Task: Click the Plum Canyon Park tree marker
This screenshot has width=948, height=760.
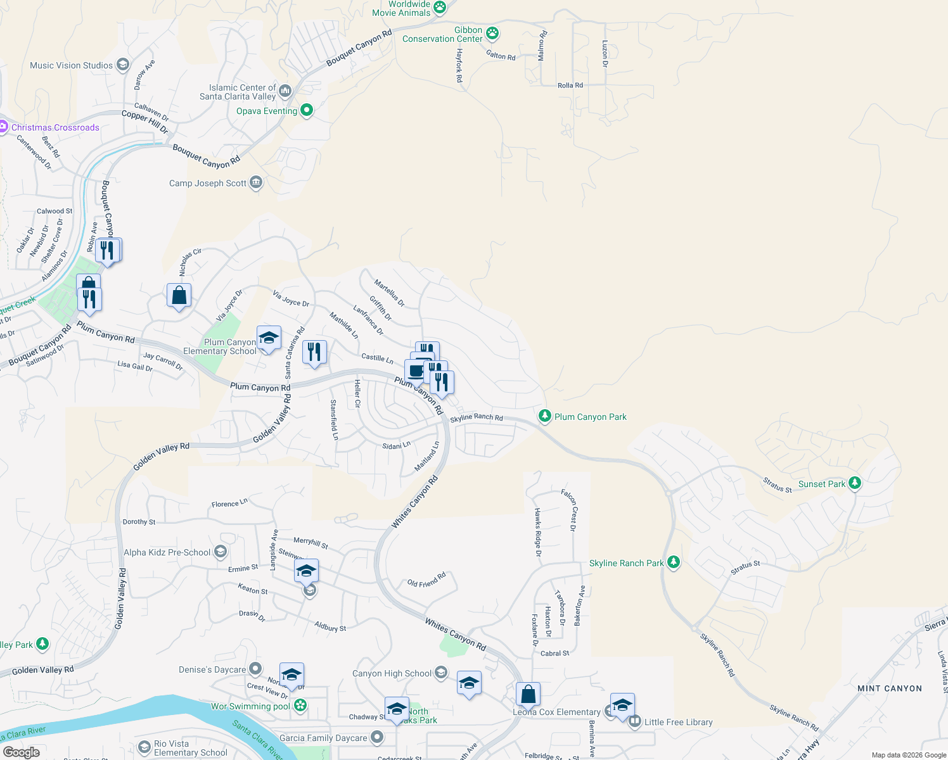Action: pos(544,416)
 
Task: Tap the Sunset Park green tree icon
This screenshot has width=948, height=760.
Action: pos(855,483)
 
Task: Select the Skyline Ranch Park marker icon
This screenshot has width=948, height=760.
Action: pos(674,562)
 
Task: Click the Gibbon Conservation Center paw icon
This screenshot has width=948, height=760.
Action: pos(492,33)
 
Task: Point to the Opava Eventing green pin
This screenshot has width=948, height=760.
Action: pos(307,110)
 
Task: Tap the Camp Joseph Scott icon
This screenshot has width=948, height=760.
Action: pos(256,183)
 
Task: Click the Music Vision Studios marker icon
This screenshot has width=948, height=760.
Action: pos(123,65)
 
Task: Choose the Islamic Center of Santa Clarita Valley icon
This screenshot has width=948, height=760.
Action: pos(285,91)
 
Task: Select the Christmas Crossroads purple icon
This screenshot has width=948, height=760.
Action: pos(3,127)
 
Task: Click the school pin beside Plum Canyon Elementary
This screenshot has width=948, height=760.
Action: pos(269,338)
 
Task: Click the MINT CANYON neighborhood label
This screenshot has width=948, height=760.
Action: pos(889,688)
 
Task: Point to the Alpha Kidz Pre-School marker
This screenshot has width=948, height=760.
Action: pos(221,552)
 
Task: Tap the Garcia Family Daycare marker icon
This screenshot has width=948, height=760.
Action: pos(378,737)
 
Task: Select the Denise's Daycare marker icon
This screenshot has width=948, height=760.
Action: pos(255,669)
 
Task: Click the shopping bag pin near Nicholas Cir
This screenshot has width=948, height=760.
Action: pos(179,295)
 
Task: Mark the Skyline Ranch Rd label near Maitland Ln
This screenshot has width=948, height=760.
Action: pos(477,417)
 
